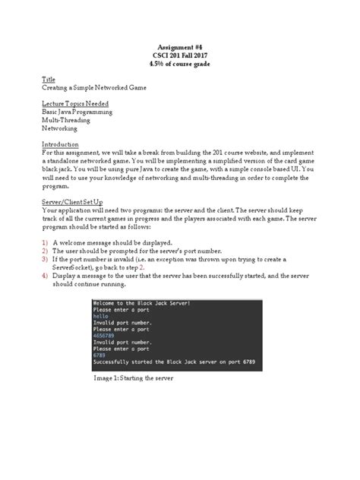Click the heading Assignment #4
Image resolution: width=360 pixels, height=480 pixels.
pos(179,47)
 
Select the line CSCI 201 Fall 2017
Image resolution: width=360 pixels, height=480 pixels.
pos(179,55)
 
